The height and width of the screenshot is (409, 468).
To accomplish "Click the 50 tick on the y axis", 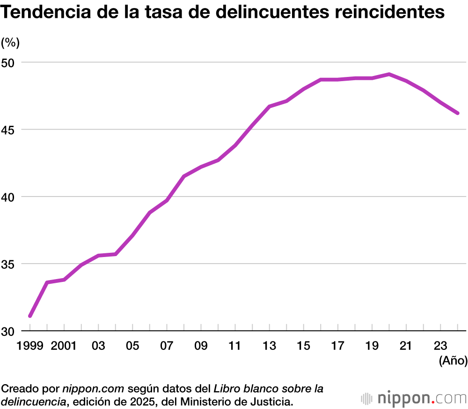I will click(x=9, y=62).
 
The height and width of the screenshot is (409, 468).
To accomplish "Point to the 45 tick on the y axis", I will click(x=9, y=129).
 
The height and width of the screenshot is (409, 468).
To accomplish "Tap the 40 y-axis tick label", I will click(x=9, y=197).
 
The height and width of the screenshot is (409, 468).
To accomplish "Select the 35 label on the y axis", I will click(x=9, y=264).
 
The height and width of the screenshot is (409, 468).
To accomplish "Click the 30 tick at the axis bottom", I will click(x=9, y=331).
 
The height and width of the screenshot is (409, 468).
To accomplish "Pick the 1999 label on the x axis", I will click(x=29, y=346).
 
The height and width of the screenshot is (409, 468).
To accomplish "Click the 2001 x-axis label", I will click(x=64, y=346).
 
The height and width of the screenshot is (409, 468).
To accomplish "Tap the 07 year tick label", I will click(x=167, y=346).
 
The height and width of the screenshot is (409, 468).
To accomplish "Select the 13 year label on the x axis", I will click(x=269, y=346).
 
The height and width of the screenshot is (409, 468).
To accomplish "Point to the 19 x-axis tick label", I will click(x=372, y=346).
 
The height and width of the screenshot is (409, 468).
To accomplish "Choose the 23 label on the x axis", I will click(x=440, y=346).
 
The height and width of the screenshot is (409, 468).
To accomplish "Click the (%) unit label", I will click(x=10, y=43).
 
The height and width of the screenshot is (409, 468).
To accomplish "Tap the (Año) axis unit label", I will click(x=453, y=361).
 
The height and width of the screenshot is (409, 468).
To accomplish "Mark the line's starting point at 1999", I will click(x=30, y=316).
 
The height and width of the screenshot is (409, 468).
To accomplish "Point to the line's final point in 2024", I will click(x=458, y=113).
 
